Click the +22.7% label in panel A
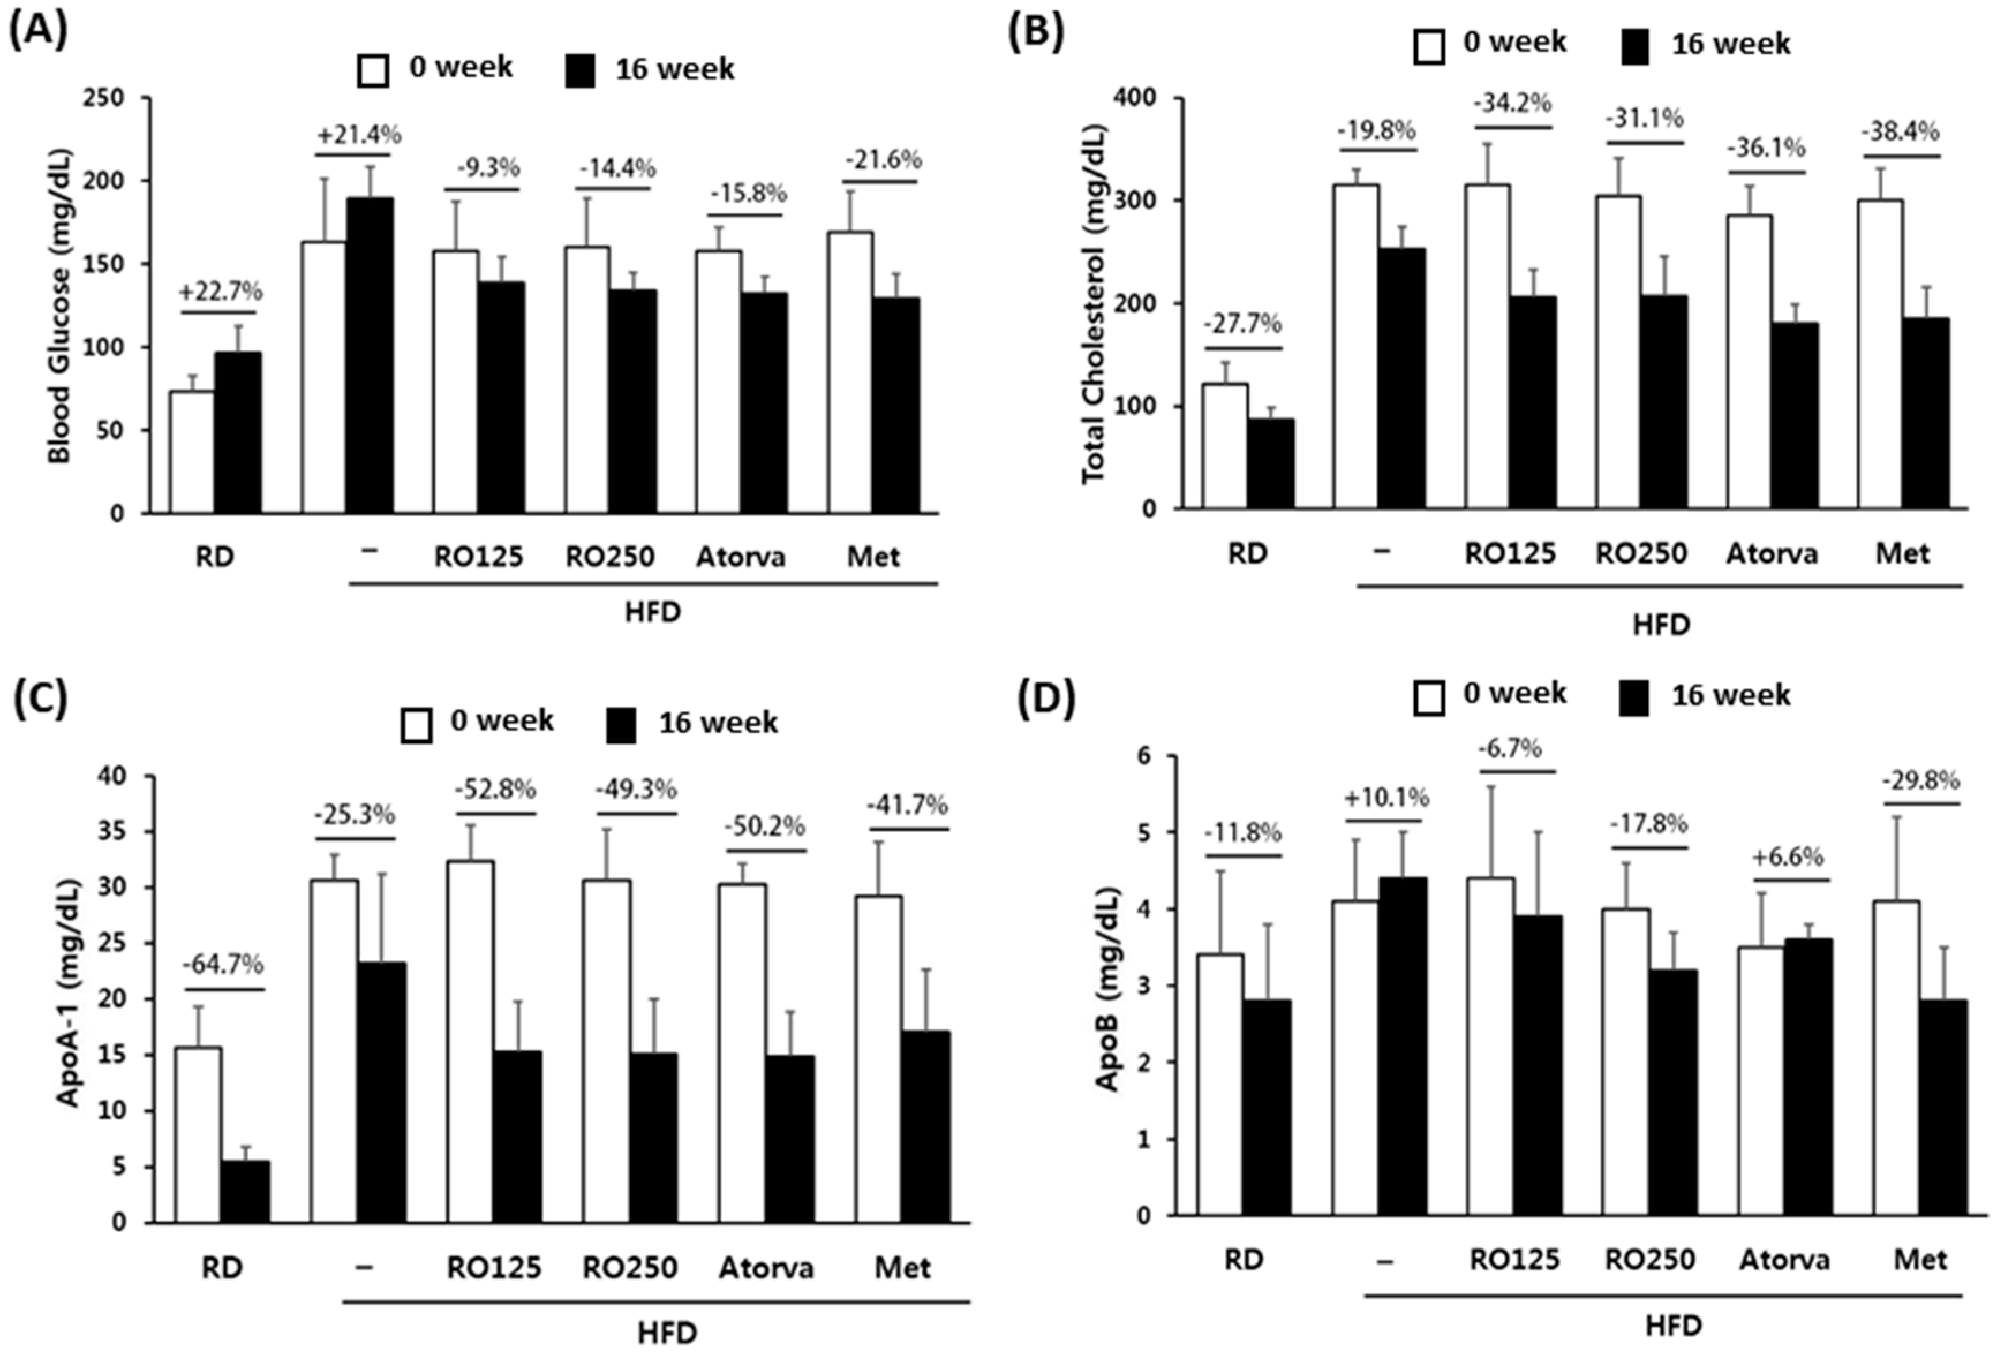click(221, 292)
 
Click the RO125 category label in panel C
click(494, 1268)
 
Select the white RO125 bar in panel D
click(1491, 1045)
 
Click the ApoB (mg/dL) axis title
click(1109, 988)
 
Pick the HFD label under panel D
click(1673, 1326)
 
